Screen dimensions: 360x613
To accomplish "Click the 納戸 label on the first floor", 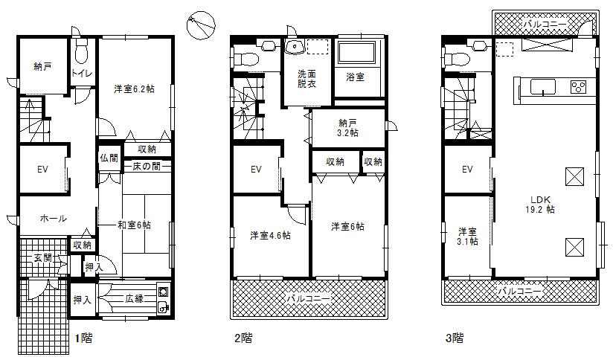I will pos(42,67).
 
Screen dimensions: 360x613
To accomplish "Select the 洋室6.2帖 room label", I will pos(134,89).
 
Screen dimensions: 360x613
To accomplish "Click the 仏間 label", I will pos(109,158).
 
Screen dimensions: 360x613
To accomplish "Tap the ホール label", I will pos(52,219).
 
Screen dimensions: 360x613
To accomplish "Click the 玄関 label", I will pos(42,258).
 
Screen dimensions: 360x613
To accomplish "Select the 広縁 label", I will pos(134,299).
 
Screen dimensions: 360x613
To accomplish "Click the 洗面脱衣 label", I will pos(306,79).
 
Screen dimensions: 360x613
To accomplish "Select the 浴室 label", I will pos(354,77).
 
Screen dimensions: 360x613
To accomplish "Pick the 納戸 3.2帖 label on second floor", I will pos(347,127).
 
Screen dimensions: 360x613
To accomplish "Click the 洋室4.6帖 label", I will pos(270,236).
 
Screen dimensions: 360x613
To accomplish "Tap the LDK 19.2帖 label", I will pos(543,203).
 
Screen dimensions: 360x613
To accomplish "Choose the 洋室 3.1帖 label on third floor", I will pos(467,236).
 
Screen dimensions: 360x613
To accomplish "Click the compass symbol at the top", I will pos(201,25).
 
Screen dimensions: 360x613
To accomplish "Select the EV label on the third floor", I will pos(467,170).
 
